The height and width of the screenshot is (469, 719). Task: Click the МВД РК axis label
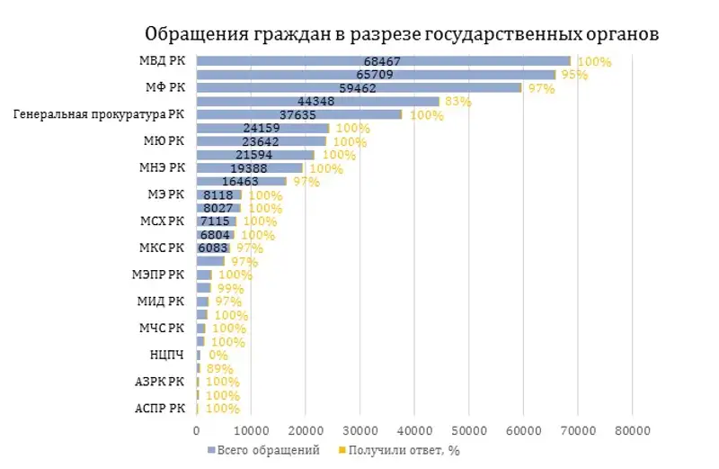pyautogui.click(x=163, y=61)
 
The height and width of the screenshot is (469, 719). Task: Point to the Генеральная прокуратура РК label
pyautogui.click(x=100, y=114)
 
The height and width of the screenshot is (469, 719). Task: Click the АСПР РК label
pyautogui.click(x=161, y=408)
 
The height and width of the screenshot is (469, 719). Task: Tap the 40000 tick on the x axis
pyautogui.click(x=413, y=431)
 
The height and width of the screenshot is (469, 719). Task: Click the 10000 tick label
pyautogui.click(x=250, y=431)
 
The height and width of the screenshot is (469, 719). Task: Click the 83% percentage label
pyautogui.click(x=457, y=102)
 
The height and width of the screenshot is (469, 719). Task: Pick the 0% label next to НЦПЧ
pyautogui.click(x=218, y=356)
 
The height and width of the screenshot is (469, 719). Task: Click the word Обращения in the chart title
pyautogui.click(x=195, y=34)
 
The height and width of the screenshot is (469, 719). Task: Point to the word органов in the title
pyautogui.click(x=621, y=34)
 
